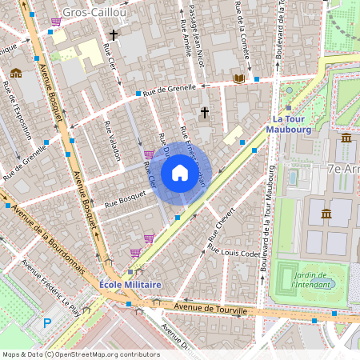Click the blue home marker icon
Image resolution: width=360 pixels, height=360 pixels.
[x=179, y=173]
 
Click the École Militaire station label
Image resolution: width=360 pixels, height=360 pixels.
[x=131, y=285]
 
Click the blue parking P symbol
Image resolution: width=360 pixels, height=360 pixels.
[x=47, y=322]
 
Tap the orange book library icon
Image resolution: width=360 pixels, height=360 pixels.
[x=238, y=78]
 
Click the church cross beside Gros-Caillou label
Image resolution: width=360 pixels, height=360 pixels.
[x=114, y=35]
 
